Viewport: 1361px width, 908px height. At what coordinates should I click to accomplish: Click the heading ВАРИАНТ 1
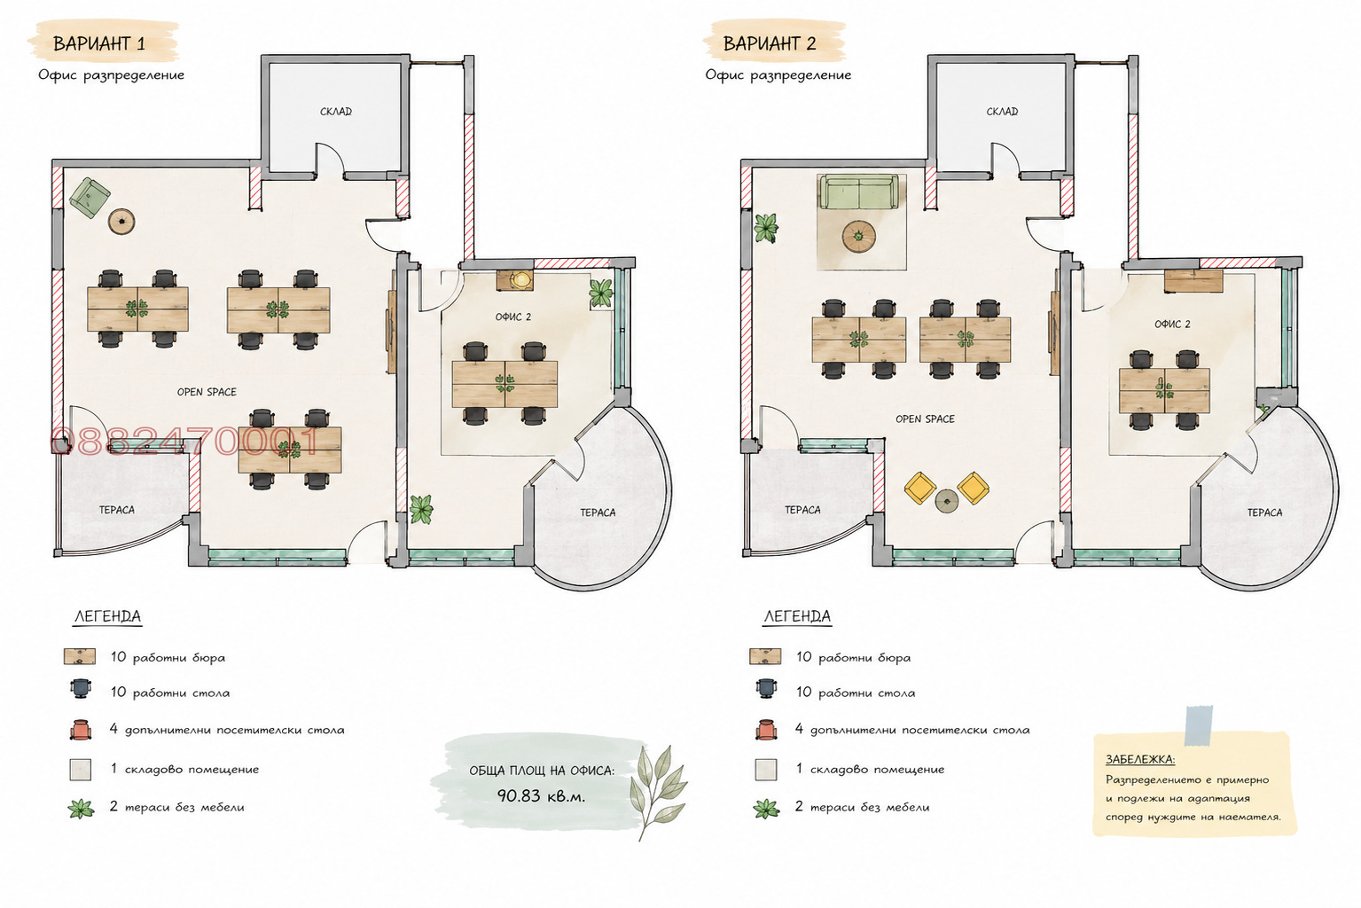(99, 43)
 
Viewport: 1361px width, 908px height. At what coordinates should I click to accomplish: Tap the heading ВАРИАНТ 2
(770, 43)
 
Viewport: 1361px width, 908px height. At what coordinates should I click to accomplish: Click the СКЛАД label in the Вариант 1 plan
(336, 111)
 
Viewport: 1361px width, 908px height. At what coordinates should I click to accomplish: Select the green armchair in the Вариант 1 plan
(90, 198)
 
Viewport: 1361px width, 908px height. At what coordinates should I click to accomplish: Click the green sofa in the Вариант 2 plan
(858, 192)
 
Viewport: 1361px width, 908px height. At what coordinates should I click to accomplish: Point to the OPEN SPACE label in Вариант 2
(925, 419)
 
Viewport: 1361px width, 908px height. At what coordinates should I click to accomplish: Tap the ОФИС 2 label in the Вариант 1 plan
(512, 317)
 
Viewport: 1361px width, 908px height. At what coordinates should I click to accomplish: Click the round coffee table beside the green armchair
(121, 221)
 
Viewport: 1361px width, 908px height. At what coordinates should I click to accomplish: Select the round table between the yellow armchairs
(947, 501)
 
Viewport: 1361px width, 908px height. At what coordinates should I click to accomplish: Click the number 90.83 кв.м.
(541, 795)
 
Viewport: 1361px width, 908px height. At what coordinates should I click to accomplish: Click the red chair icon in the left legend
(80, 730)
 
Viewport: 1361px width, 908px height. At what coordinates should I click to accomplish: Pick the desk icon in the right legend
(765, 656)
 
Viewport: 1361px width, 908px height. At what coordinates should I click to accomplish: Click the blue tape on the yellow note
(1198, 725)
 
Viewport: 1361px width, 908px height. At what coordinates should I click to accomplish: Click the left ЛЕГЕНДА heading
(107, 616)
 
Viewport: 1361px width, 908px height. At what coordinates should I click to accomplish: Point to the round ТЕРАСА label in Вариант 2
(1264, 513)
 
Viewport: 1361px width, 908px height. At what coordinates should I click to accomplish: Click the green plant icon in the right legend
(766, 809)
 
